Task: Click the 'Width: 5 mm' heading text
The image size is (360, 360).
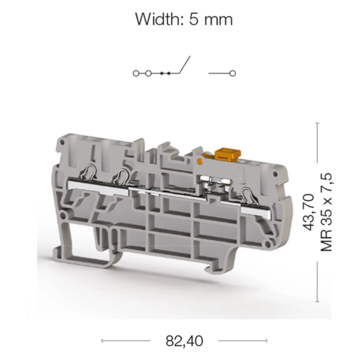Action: (x=184, y=19)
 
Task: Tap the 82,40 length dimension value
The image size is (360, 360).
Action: (x=184, y=341)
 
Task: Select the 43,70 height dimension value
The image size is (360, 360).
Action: (x=309, y=212)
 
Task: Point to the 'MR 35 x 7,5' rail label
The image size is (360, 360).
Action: (x=326, y=212)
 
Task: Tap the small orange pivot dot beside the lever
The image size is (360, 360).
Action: (x=200, y=161)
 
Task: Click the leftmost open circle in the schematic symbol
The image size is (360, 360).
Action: (x=136, y=74)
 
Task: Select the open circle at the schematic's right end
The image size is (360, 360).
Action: (x=232, y=74)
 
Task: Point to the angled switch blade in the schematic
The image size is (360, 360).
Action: (x=185, y=64)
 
